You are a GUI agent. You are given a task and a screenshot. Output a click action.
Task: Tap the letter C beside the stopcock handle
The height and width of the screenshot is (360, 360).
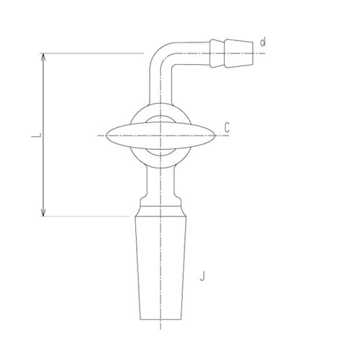tap(227, 127)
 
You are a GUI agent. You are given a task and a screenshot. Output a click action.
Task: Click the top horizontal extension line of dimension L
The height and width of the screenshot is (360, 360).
tap(94, 53)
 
